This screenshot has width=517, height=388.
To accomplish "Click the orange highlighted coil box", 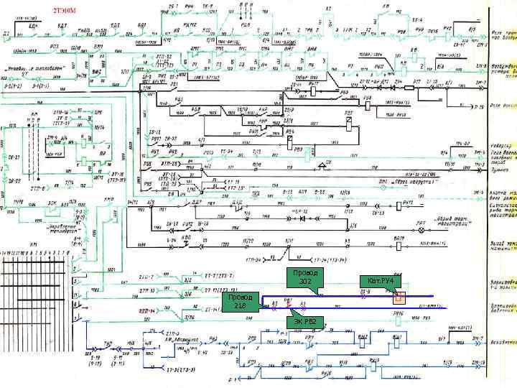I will tap(399, 297).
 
